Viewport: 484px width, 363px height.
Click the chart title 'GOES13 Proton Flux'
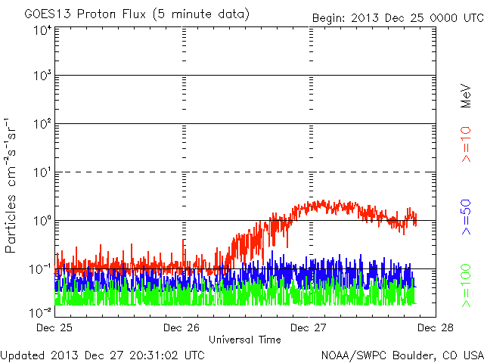tap(85, 14)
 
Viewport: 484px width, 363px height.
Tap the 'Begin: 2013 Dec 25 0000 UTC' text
tap(399, 18)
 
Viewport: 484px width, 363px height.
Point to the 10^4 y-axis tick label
tap(43, 30)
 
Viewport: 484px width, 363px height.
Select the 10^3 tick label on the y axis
tap(43, 75)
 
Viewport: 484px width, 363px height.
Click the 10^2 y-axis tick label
tap(43, 123)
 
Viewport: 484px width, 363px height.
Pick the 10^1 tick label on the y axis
tap(43, 172)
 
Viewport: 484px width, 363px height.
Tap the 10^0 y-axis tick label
tap(43, 220)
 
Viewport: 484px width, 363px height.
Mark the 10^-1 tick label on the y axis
tap(41, 269)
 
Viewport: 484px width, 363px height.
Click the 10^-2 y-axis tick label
tap(41, 312)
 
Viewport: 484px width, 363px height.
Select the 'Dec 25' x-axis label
tap(54, 327)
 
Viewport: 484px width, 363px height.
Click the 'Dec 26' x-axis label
tap(181, 327)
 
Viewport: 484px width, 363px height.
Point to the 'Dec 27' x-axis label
tap(309, 327)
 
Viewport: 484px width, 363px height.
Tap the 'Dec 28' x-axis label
tap(436, 327)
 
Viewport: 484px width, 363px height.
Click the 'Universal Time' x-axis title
tap(245, 340)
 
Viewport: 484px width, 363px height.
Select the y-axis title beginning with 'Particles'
tap(11, 185)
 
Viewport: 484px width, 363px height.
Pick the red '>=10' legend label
tap(466, 144)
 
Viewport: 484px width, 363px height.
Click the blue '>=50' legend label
tap(466, 217)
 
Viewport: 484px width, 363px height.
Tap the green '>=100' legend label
tap(466, 286)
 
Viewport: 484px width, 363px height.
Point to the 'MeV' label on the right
tap(466, 96)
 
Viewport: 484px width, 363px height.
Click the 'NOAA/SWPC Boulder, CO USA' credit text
tap(402, 355)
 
